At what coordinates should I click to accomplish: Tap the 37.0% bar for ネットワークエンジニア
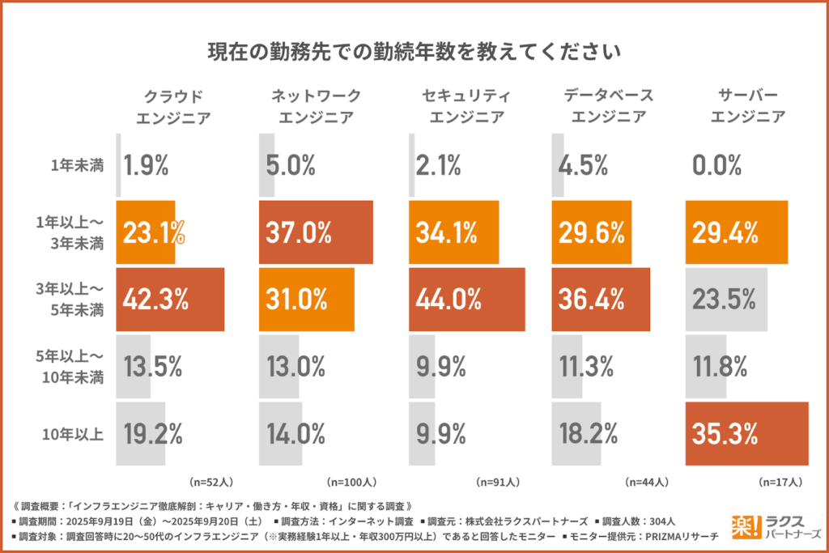point(316,232)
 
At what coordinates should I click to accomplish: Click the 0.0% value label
point(716,167)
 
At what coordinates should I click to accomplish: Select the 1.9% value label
point(146,167)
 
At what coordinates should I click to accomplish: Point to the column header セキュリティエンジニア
point(466,106)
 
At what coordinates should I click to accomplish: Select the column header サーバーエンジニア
point(747,106)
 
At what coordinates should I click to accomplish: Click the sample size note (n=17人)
point(780,482)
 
